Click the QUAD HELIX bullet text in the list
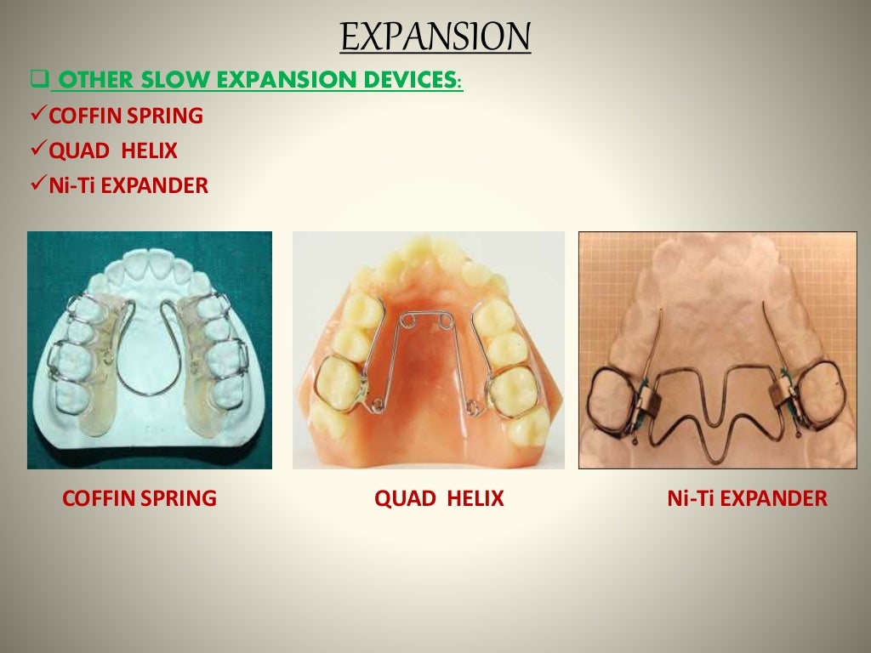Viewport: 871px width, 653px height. click(x=113, y=151)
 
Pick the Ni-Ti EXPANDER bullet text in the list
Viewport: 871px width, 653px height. click(x=128, y=185)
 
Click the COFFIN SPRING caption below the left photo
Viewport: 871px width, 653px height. click(x=139, y=498)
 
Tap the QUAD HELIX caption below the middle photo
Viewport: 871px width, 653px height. click(x=439, y=498)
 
